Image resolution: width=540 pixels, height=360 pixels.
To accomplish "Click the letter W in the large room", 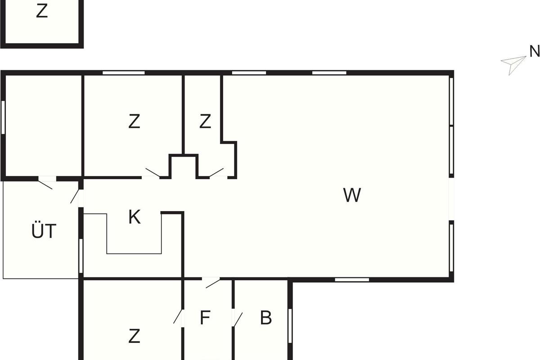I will coord(352,195).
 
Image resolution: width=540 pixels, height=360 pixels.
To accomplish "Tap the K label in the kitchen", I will coord(134,217).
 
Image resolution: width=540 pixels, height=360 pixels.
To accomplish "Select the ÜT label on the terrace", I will coord(44,231).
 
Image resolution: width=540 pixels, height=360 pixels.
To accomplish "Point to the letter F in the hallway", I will coord(205,318).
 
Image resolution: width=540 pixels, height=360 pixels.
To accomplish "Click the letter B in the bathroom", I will coord(266,318).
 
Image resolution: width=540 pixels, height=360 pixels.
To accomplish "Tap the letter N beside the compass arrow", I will coord(534,52).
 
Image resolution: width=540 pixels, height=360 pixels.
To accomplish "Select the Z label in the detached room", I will coord(41,12).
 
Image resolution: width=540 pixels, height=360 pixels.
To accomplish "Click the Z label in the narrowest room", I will coord(205,121).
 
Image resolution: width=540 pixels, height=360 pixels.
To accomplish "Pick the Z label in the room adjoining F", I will coord(134,336).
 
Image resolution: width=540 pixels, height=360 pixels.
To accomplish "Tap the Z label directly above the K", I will coord(134,121).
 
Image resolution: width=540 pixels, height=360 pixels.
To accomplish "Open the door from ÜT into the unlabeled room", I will coord(46,183).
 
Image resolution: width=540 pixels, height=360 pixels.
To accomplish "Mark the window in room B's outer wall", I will coord(290,325).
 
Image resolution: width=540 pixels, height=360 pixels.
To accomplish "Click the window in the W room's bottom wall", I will coord(352,279).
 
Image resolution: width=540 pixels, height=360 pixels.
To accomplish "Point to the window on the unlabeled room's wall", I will coord(3,117).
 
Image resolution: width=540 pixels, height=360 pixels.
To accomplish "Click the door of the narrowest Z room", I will coord(216,173).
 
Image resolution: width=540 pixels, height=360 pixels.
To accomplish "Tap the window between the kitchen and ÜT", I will coord(81,256).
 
